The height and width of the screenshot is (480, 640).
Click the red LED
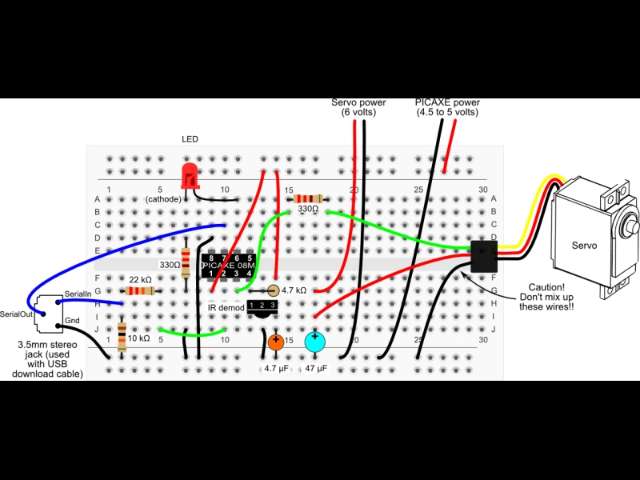click(190, 176)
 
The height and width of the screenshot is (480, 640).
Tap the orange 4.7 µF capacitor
click(276, 342)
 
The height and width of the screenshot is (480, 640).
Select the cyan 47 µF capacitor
click(314, 342)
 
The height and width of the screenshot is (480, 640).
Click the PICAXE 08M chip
click(229, 266)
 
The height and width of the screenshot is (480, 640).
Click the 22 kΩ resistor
click(140, 291)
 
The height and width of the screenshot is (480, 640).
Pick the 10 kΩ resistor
click(122, 337)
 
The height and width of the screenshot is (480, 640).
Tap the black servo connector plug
click(484, 256)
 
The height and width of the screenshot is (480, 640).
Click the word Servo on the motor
click(584, 246)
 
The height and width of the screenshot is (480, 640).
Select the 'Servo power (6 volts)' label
click(358, 107)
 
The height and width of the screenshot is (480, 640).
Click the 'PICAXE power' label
click(447, 102)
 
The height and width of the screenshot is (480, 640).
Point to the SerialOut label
click(16, 314)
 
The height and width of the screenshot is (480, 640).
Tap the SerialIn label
click(78, 294)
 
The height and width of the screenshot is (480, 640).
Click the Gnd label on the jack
click(72, 321)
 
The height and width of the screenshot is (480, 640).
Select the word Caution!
click(546, 287)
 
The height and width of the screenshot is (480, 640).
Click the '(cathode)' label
click(163, 199)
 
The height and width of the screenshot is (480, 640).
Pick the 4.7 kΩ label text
click(294, 290)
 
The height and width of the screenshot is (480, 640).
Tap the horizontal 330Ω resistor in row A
click(308, 199)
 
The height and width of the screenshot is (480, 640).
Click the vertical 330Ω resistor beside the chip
click(186, 263)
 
